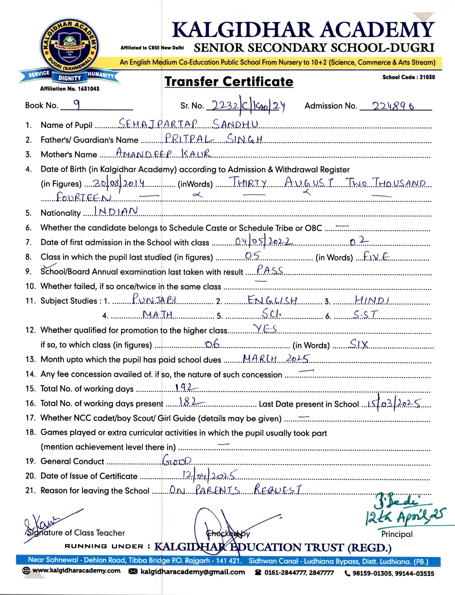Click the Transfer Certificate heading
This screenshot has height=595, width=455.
[229, 82]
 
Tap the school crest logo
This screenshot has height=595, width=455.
[70, 50]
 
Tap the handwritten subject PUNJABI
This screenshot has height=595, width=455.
[155, 300]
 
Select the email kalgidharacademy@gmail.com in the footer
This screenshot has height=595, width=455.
[193, 572]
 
